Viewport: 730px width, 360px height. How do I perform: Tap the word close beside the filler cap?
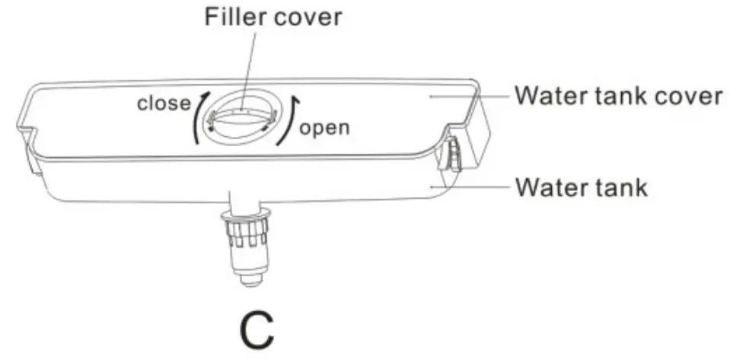163,103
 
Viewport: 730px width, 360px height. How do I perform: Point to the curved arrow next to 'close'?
199,115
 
